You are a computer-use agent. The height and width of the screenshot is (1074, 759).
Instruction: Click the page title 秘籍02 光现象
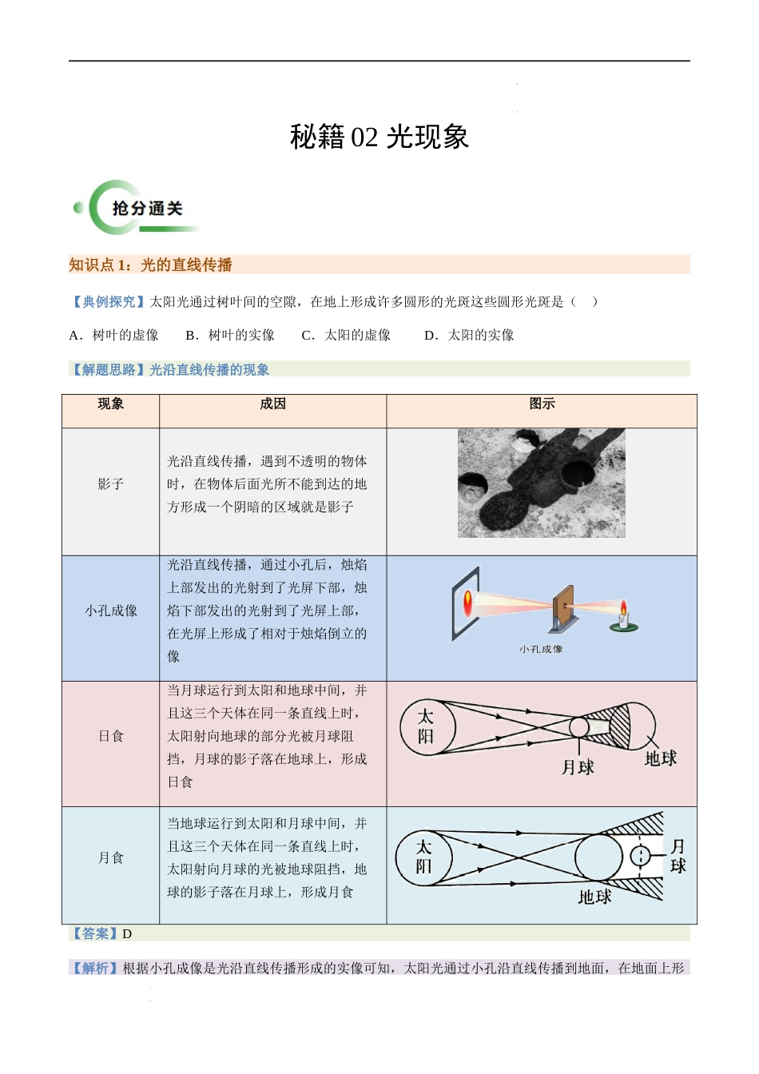[x=379, y=137]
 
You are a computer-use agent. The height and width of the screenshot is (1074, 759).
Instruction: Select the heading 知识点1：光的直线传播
[x=150, y=265]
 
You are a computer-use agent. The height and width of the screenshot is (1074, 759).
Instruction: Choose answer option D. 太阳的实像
[x=469, y=336]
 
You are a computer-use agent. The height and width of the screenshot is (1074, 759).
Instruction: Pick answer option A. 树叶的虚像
[x=114, y=336]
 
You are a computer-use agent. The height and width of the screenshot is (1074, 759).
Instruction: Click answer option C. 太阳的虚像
[x=346, y=336]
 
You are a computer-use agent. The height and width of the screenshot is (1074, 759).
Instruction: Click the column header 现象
[x=111, y=404]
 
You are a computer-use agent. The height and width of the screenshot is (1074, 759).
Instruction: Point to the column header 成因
[x=272, y=404]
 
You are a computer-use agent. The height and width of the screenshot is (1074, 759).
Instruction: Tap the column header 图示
[x=542, y=404]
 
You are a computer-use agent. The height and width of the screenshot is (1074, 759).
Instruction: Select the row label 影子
[x=111, y=484]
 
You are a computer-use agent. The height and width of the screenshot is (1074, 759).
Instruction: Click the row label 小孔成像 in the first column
[x=111, y=611]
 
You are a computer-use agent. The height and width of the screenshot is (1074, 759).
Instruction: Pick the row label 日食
[x=111, y=736]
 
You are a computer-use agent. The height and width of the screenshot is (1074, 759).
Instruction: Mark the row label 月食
[x=111, y=857]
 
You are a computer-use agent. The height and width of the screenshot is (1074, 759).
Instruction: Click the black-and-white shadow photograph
[x=541, y=483]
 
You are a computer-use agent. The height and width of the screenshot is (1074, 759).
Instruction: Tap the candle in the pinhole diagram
[x=624, y=616]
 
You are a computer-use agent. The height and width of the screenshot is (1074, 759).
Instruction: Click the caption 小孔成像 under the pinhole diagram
[x=541, y=650]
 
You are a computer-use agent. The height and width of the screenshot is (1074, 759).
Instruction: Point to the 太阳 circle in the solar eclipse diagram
[x=427, y=727]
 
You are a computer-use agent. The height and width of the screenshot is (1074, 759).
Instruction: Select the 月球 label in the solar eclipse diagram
[x=578, y=768]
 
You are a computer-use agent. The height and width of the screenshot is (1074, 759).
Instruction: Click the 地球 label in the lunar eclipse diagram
[x=594, y=897]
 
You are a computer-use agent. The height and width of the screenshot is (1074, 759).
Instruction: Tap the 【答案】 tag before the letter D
[x=94, y=933]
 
